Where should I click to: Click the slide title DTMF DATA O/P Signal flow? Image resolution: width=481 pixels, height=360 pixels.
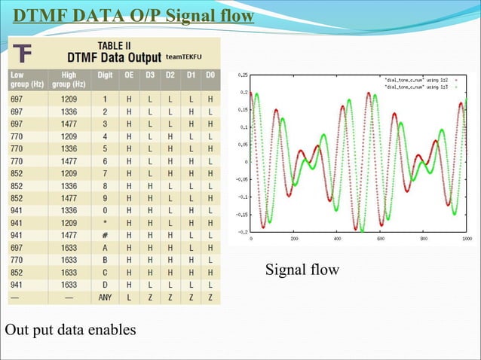pyautogui.click(x=133, y=17)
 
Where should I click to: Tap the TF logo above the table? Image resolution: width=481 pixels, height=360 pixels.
pyautogui.click(x=23, y=53)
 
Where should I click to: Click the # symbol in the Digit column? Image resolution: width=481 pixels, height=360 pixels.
pyautogui.click(x=106, y=234)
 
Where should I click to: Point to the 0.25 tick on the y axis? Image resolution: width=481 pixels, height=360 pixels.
pyautogui.click(x=243, y=75)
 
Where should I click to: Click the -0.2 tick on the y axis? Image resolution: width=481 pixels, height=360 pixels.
pyautogui.click(x=243, y=232)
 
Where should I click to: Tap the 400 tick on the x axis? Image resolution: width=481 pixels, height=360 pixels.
pyautogui.click(x=338, y=238)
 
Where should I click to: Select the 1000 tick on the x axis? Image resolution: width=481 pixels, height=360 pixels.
pyautogui.click(x=467, y=238)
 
